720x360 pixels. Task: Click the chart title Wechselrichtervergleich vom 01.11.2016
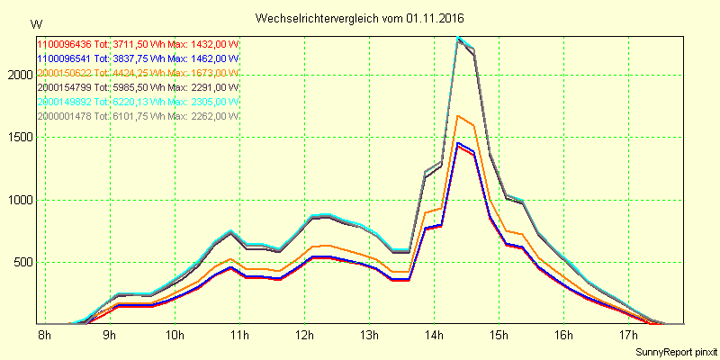360,18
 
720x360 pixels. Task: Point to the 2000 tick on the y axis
18,76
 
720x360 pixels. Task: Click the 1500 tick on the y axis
18,138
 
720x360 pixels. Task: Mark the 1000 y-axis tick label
18,200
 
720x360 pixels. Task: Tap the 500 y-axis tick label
22,262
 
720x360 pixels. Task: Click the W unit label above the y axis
35,23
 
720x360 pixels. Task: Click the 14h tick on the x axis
434,337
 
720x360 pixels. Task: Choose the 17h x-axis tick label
628,337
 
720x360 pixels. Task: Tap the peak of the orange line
458,115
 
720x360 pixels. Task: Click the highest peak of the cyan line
458,38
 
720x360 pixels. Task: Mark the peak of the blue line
458,142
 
